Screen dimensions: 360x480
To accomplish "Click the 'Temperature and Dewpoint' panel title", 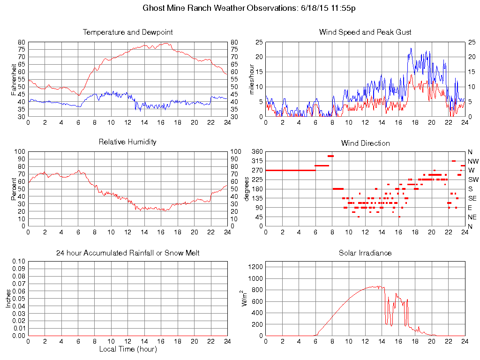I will tap(127, 32).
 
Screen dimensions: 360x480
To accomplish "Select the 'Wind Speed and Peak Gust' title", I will tap(365, 32).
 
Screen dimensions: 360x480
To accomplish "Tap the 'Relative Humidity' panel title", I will tap(127, 142).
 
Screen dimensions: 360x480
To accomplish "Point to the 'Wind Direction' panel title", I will tap(365, 143).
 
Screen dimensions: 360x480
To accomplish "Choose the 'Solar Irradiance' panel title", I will tap(365, 253).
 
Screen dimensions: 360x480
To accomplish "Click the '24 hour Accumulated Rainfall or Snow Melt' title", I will tap(127, 253).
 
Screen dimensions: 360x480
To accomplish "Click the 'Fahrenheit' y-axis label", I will tap(14, 79).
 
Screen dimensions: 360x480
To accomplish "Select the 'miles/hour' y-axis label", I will tap(251, 79).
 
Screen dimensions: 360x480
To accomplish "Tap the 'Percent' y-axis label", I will tap(14, 188).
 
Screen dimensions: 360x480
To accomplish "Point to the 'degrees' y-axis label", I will tap(247, 188).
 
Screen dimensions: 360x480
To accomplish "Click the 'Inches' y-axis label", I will tap(8, 298).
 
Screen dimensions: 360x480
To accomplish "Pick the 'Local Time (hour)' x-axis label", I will tap(127, 349).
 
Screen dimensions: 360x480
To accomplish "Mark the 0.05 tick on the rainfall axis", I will tap(19, 298).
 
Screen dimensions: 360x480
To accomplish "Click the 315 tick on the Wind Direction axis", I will tap(257, 161).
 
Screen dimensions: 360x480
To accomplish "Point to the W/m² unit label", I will tap(244, 298).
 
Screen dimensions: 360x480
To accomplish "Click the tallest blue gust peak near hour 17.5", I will tap(411, 48).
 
